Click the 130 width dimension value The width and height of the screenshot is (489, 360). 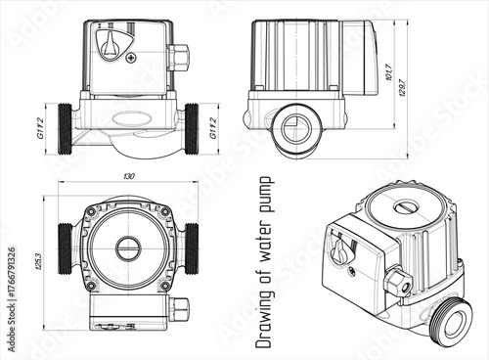click(129, 176)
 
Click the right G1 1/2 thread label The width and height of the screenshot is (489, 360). click(213, 127)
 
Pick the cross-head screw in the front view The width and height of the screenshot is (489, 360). click(131, 58)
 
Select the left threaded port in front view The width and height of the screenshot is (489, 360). click(66, 128)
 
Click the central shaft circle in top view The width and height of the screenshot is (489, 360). click(128, 247)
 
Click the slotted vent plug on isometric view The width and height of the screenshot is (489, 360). click(405, 207)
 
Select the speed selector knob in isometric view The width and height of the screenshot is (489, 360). click(341, 250)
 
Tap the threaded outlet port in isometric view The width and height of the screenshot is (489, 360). click(453, 323)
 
